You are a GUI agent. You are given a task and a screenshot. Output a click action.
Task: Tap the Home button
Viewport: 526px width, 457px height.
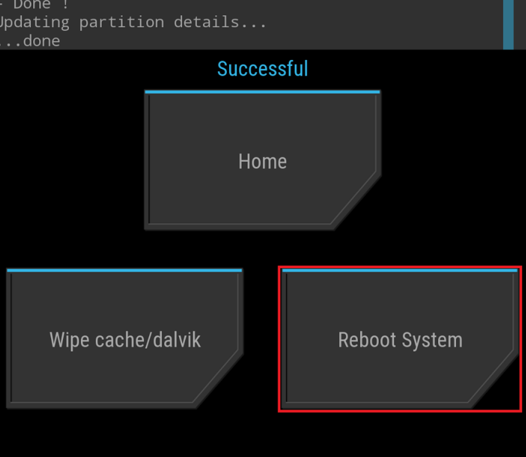pyautogui.click(x=263, y=162)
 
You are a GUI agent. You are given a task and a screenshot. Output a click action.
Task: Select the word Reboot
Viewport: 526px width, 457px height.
pyautogui.click(x=367, y=340)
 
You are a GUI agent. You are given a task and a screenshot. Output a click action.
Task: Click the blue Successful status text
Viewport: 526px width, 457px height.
pyautogui.click(x=263, y=69)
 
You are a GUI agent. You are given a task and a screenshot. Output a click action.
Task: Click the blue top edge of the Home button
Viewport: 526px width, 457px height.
pyautogui.click(x=263, y=92)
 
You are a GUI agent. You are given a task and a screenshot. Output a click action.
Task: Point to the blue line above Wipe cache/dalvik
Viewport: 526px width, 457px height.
pyautogui.click(x=124, y=270)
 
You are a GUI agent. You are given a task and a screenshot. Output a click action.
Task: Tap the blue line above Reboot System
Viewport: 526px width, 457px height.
pyautogui.click(x=399, y=270)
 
